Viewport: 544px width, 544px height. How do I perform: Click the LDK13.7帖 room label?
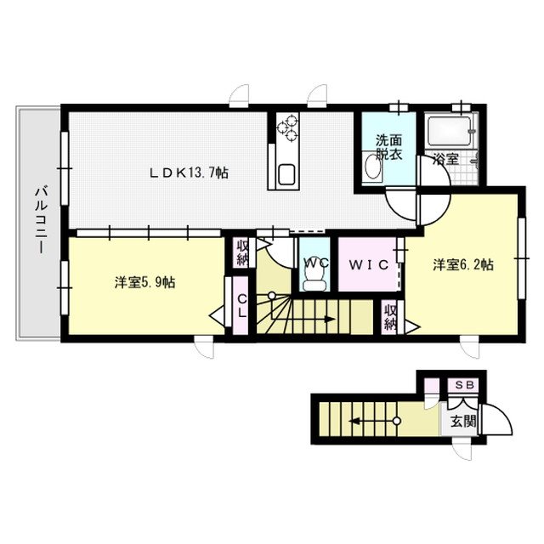189,173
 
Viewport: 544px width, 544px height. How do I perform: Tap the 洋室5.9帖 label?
145,282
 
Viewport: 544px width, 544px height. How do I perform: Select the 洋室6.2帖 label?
463,265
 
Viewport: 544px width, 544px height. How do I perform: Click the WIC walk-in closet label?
368,265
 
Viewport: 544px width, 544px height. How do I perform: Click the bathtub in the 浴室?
449,131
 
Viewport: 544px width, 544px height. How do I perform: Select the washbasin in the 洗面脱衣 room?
372,167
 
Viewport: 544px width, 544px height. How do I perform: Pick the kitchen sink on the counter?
286,174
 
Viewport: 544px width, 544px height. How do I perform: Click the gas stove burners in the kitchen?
287,127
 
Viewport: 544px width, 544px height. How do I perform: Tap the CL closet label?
242,306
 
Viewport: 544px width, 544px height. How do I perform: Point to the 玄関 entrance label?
462,422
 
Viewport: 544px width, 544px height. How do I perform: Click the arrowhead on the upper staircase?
330,319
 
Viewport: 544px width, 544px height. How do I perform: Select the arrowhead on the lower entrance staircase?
354,422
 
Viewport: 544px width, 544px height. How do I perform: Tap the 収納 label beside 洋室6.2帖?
391,317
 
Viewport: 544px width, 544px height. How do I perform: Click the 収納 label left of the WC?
242,253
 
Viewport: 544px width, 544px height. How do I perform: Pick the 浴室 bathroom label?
445,159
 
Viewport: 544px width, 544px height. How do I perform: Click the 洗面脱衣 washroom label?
389,147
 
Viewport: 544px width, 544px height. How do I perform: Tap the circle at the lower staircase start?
397,422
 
